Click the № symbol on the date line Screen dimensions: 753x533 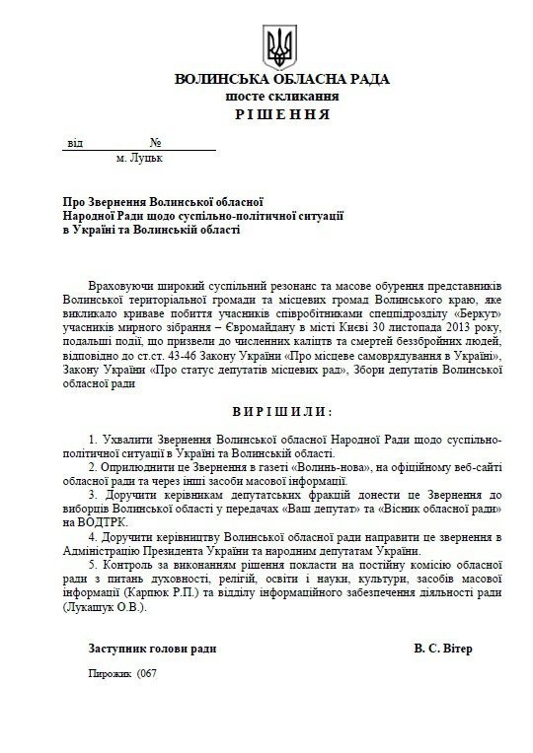(155, 142)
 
